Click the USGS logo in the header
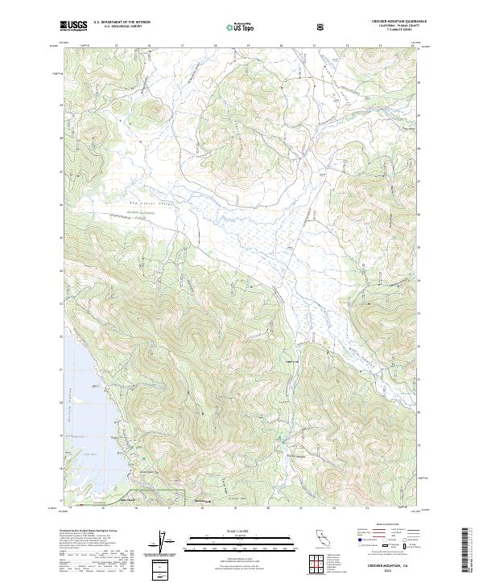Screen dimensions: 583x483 pos(73,26)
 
